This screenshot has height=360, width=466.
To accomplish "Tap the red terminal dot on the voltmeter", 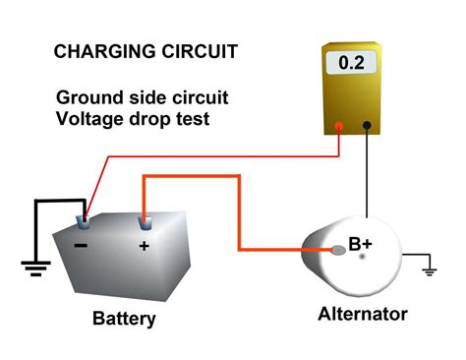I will point(338,126).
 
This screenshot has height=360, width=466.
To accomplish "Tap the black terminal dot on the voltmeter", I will point(366,126).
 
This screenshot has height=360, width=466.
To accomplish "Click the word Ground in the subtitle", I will point(86,97).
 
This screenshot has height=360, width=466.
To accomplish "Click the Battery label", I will point(124,320).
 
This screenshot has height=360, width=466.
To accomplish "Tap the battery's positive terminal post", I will point(144,217).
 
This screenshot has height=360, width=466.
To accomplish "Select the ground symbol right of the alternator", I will point(428,268).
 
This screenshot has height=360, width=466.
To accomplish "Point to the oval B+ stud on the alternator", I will point(338,250).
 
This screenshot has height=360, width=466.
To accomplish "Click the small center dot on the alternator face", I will point(362,256).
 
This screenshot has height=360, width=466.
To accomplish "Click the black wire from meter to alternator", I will point(366,177).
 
